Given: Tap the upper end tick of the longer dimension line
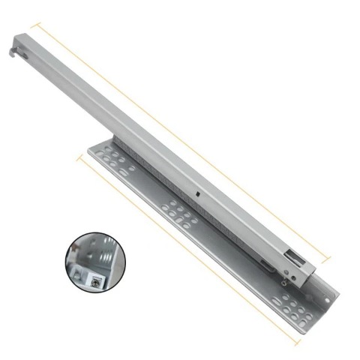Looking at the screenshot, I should click(x=32, y=25).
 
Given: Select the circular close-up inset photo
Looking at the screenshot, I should click(x=95, y=262).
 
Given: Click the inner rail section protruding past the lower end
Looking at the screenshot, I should click(x=310, y=277).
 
